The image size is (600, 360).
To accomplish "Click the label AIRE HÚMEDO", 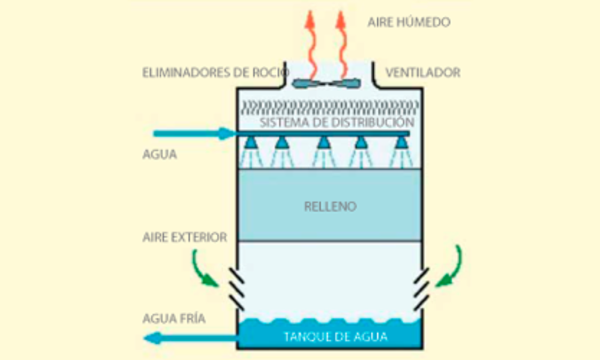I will tap(409, 23).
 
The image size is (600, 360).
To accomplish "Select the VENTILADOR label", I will tap(422, 73).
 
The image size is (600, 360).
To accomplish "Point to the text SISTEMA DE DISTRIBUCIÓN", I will tap(337, 122).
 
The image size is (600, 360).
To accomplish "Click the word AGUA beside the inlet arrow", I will tap(160, 154).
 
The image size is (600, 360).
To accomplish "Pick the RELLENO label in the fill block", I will tap(329, 207).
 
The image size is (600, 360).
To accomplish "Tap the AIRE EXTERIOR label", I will tap(185, 238).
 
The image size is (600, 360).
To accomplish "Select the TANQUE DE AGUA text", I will tap(335, 336).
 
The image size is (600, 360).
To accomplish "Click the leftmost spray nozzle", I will tap(251, 142).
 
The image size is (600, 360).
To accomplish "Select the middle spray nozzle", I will tap(323, 142).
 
